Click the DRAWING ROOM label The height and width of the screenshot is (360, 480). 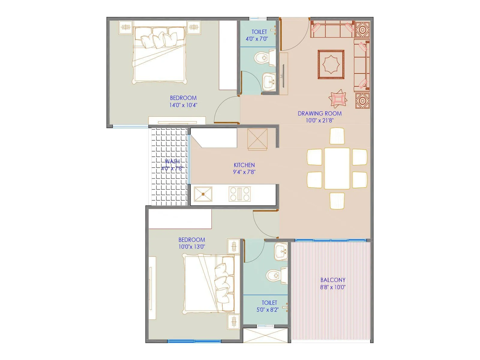click(319, 113)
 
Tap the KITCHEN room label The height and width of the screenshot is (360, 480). click(244, 165)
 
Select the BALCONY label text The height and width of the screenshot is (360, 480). click(333, 280)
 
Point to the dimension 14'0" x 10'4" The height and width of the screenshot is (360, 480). click(183, 105)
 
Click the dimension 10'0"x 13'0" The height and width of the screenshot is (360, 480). click(192, 247)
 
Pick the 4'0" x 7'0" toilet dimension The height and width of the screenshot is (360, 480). click(257, 39)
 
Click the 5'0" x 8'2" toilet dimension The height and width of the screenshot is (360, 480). click(268, 310)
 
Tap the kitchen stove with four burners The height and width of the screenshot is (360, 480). click(240, 194)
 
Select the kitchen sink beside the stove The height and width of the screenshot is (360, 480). click(203, 194)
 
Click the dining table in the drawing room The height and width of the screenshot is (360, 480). click(337, 168)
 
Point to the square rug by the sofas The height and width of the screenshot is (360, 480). click(331, 64)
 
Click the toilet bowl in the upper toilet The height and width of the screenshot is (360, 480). click(263, 58)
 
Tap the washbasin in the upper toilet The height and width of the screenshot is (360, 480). click(269, 81)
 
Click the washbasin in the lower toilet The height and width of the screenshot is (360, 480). click(281, 251)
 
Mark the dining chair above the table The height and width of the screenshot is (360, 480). click(337, 136)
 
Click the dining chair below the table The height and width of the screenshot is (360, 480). click(337, 201)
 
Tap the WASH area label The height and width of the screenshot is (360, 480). click(172, 162)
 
